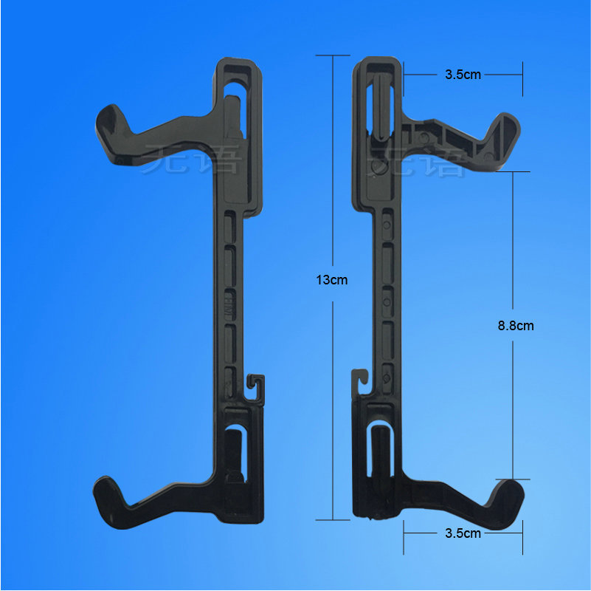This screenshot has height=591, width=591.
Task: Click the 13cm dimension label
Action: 331,280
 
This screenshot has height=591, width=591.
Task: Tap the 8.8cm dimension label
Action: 515,325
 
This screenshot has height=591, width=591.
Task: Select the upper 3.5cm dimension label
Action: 463,75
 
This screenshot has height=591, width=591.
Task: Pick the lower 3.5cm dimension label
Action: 463,533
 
